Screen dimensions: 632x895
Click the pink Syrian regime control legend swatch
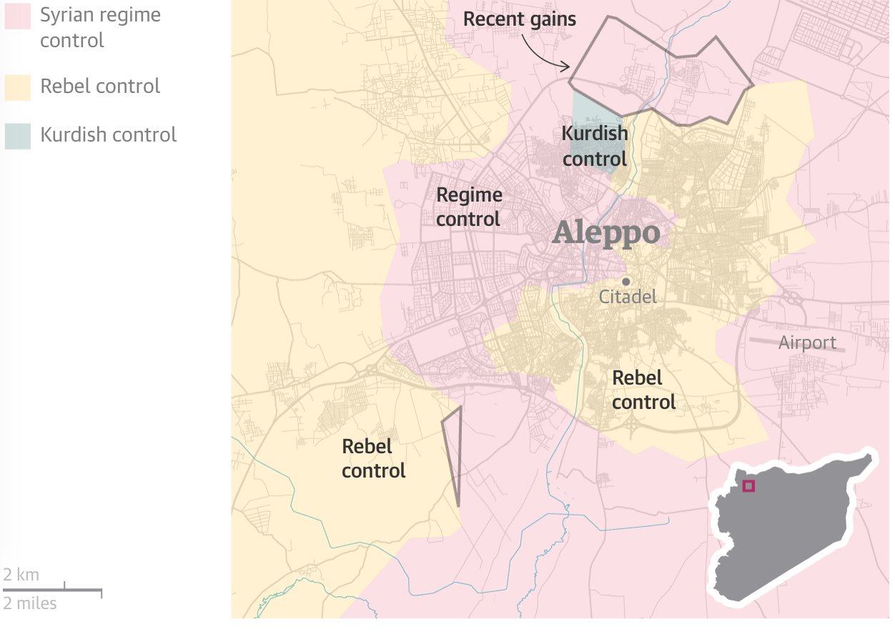coord(18,16)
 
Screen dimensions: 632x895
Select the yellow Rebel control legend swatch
coord(18,87)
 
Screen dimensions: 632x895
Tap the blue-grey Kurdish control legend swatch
coord(18,136)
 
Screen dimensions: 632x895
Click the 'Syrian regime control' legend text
coord(100,27)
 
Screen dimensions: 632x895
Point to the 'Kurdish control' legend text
coord(108,135)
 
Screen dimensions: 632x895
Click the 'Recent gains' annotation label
coord(519,19)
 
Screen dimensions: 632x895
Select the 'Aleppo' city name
coord(606,233)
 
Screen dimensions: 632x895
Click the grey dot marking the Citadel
coord(625,282)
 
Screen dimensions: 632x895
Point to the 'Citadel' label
coord(628,297)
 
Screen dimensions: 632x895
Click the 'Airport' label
coord(807,343)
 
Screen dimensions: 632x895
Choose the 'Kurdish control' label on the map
coord(595,146)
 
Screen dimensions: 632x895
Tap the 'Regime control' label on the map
coord(469,207)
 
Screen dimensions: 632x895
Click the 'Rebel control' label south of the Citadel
coord(644,390)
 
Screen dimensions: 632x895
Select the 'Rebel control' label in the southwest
coord(374,459)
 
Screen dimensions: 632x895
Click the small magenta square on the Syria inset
coord(748,486)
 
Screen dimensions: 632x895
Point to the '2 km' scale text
coord(21,575)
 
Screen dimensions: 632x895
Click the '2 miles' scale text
coord(30,603)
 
